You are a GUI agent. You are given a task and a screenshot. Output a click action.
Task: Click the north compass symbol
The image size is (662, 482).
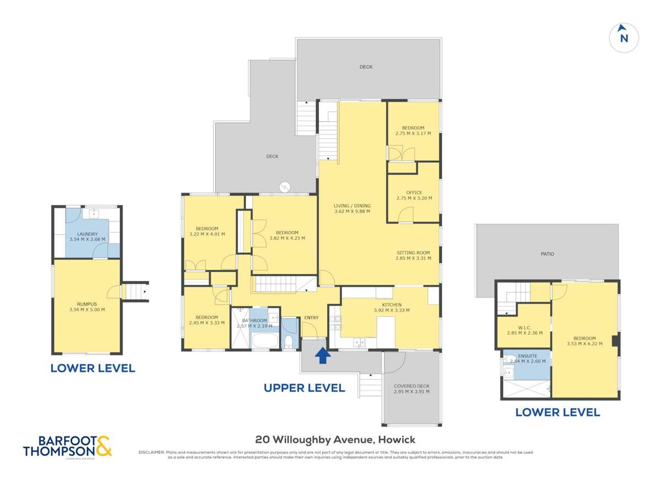pyautogui.click(x=623, y=37)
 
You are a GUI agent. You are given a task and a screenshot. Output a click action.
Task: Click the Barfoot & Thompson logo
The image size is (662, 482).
pyautogui.click(x=67, y=446)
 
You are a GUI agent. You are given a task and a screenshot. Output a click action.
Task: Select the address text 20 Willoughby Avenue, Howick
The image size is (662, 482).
pyautogui.click(x=335, y=440)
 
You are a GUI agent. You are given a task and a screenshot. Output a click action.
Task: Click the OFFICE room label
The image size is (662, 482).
pyautogui.click(x=414, y=193)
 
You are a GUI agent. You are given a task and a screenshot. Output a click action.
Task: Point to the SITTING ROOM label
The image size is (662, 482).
pyautogui.click(x=413, y=253)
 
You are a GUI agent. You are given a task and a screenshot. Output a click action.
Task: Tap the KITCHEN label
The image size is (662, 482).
pyautogui.click(x=392, y=305)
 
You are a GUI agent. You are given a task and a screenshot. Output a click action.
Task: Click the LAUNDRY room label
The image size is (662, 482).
pyautogui.click(x=87, y=234)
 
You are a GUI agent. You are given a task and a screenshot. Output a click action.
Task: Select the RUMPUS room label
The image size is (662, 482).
pyautogui.click(x=87, y=304)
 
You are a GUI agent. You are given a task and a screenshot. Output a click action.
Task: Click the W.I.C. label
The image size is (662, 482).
pyautogui.click(x=524, y=327)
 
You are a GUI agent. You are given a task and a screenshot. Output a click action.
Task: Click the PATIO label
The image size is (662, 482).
pyautogui.click(x=547, y=254)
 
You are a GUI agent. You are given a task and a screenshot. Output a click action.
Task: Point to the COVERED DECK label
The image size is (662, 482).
pyautogui.click(x=412, y=386)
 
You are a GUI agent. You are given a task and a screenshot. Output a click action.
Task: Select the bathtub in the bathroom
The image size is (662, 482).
pyautogui.click(x=265, y=339)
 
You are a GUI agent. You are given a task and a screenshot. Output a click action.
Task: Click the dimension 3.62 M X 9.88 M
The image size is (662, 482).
pyautogui.click(x=352, y=211)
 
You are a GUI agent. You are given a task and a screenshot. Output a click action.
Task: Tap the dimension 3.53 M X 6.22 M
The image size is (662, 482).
pyautogui.click(x=585, y=344)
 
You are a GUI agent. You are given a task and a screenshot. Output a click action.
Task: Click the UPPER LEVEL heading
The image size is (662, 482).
pyautogui.click(x=304, y=388)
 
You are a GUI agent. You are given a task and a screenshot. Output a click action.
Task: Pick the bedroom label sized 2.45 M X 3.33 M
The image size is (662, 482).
pyautogui.click(x=206, y=317)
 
